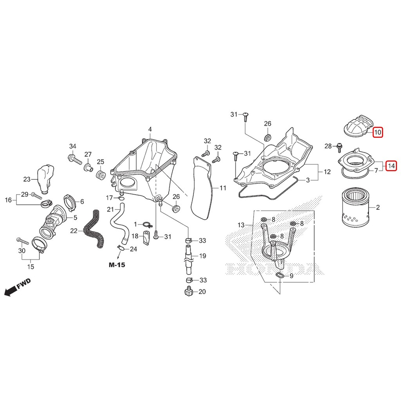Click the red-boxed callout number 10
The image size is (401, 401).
tap(378, 132)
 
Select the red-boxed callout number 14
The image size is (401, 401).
tap(391, 166)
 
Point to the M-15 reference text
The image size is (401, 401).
tap(117, 265)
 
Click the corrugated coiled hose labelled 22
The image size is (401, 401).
tap(94, 229)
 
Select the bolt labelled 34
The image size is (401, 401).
tap(75, 159)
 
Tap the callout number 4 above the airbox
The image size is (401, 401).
tap(150, 129)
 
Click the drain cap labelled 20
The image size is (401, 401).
tap(188, 291)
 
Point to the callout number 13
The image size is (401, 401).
tap(241, 225)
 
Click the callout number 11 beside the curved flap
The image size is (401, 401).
tap(223, 188)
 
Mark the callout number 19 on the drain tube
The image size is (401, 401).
tap(202, 256)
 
